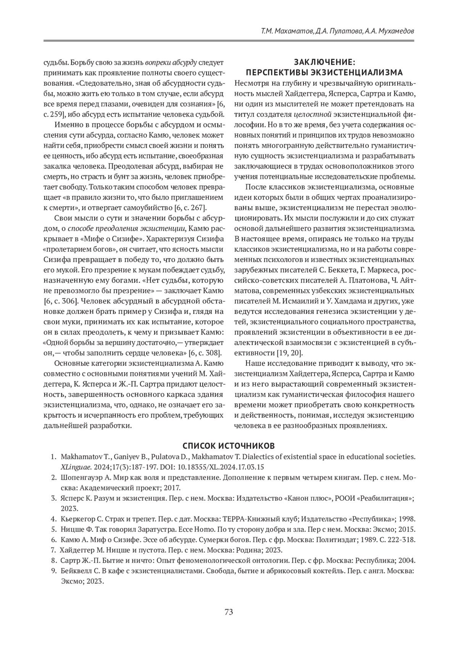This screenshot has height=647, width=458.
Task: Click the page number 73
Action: coord(229,612)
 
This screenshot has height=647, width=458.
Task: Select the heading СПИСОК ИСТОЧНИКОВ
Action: coord(229,446)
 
